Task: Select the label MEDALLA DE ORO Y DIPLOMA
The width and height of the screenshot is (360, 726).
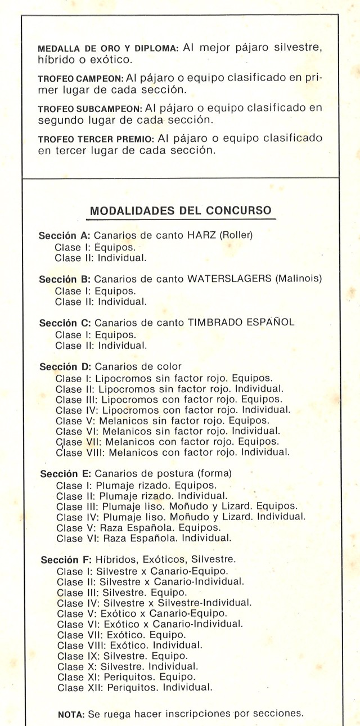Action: pos(107,48)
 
